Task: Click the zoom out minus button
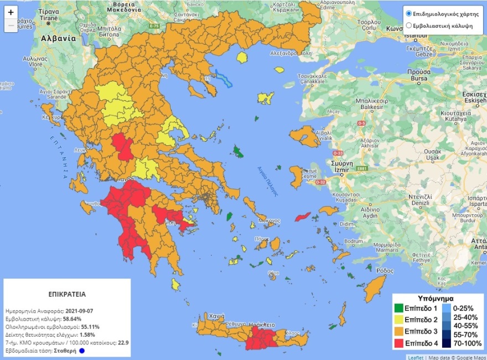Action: pos(11,25)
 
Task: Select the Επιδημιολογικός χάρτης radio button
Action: pos(409,13)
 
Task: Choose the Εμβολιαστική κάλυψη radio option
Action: pos(409,25)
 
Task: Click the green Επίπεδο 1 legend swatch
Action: pos(398,308)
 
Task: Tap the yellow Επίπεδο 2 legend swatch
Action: pos(398,319)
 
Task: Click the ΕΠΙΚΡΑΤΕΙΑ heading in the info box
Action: pos(67,294)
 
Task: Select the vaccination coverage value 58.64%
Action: pos(71,319)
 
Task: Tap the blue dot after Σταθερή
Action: pos(82,351)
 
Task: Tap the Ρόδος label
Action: pos(385,270)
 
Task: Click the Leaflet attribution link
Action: pos(416,357)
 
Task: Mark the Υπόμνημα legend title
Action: pos(437,297)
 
